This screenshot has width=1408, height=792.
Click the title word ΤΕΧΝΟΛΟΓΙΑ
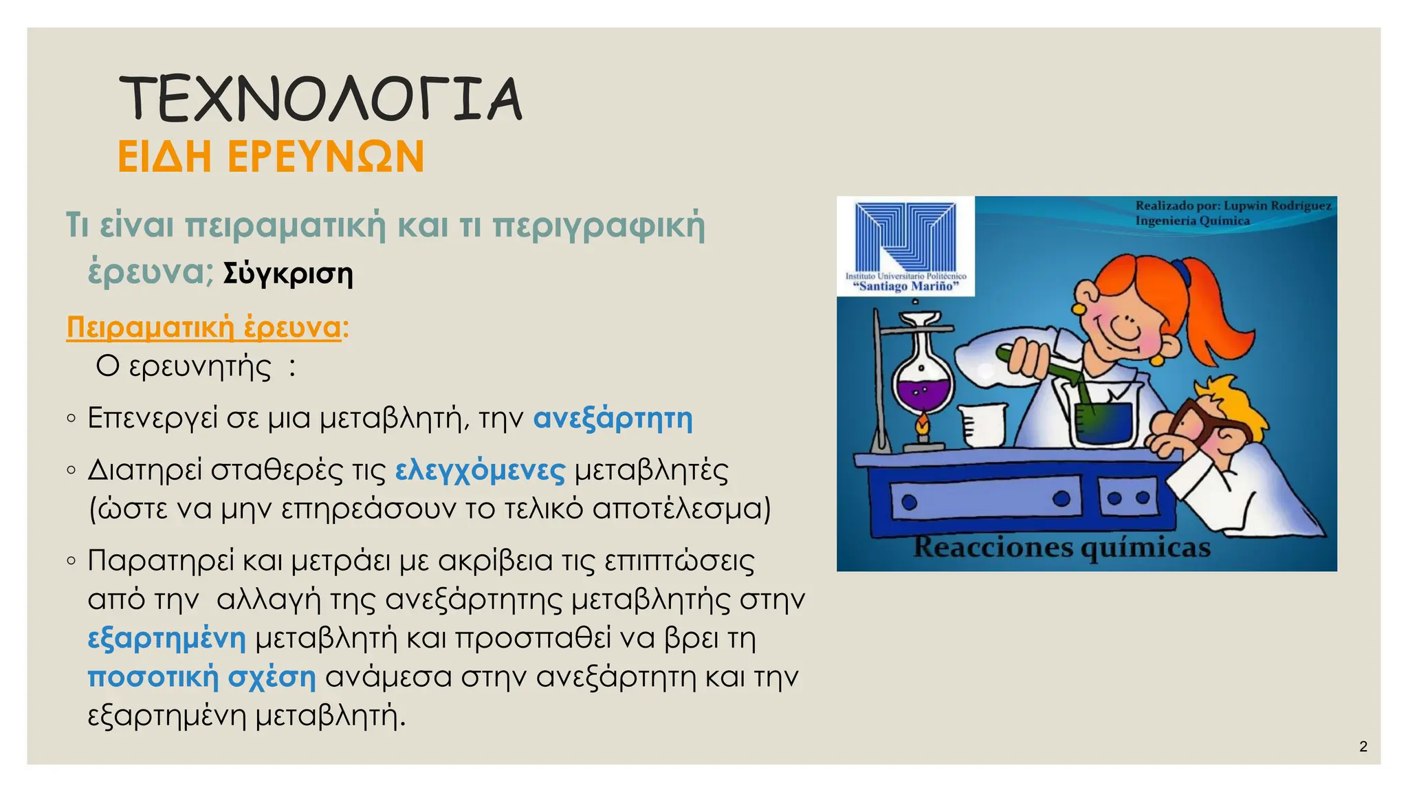320,99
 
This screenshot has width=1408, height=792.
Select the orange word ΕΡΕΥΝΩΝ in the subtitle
326,157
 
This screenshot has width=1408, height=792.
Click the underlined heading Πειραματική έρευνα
203,327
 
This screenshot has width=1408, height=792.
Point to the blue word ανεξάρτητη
613,418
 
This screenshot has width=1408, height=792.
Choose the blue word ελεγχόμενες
480,470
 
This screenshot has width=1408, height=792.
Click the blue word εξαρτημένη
166,638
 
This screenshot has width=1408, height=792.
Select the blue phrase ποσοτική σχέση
201,677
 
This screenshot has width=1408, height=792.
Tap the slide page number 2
1363,747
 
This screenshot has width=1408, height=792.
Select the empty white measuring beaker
982,424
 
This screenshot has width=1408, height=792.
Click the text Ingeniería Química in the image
1192,221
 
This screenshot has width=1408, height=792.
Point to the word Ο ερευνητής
184,366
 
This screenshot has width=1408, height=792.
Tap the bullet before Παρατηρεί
71,561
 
